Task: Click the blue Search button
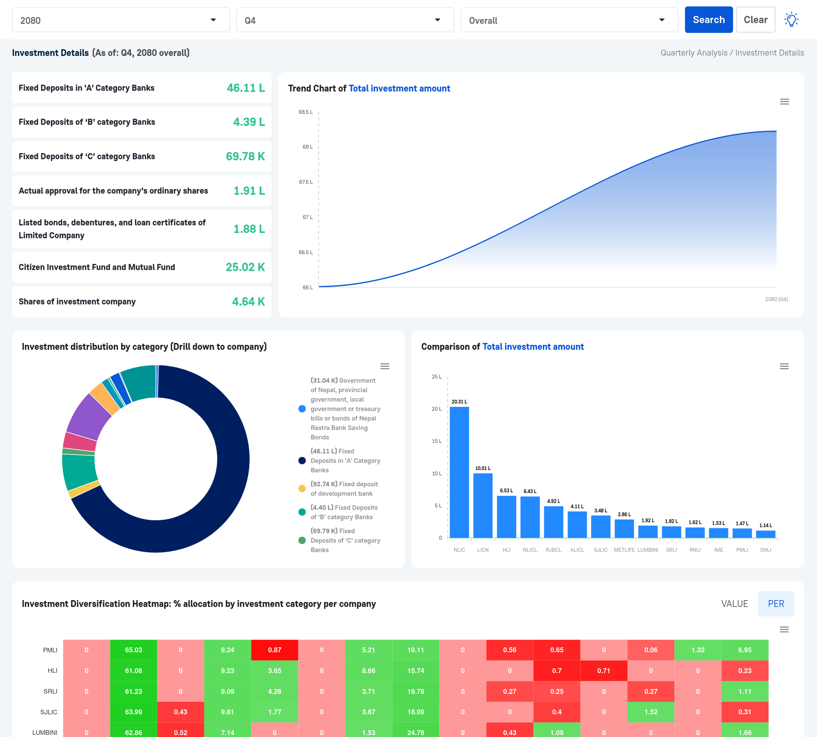tap(708, 20)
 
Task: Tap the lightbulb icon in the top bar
tap(791, 20)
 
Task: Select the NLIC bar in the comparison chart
tap(459, 472)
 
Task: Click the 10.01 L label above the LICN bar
tap(483, 468)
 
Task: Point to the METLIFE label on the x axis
tap(624, 550)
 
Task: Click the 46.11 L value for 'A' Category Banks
tap(245, 88)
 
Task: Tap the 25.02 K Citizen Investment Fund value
tap(245, 267)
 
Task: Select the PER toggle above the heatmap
tap(776, 604)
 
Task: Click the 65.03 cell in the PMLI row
tap(133, 650)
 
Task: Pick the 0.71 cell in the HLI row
tap(604, 670)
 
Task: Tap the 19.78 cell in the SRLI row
tap(416, 691)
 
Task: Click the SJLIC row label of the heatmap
tap(49, 712)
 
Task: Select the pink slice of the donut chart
tap(80, 442)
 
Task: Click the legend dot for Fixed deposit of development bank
tap(302, 488)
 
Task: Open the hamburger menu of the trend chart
tap(784, 102)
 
